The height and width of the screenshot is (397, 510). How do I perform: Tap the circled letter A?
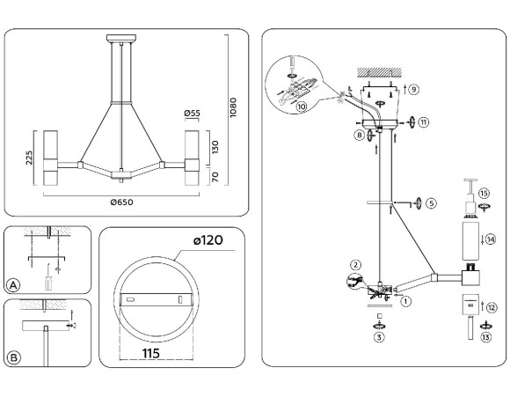[x=13, y=284]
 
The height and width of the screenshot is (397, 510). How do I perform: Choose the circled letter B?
[x=13, y=357]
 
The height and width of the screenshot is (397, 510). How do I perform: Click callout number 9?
[x=413, y=89]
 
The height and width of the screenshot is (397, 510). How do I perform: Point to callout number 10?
[x=302, y=107]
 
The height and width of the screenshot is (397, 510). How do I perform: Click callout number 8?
[x=359, y=136]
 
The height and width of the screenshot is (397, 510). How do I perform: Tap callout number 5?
[x=431, y=203]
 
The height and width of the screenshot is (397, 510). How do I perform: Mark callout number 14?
[x=491, y=239]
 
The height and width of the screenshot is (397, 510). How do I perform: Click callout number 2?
[x=355, y=264]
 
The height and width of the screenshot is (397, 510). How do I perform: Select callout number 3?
[x=379, y=336]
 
